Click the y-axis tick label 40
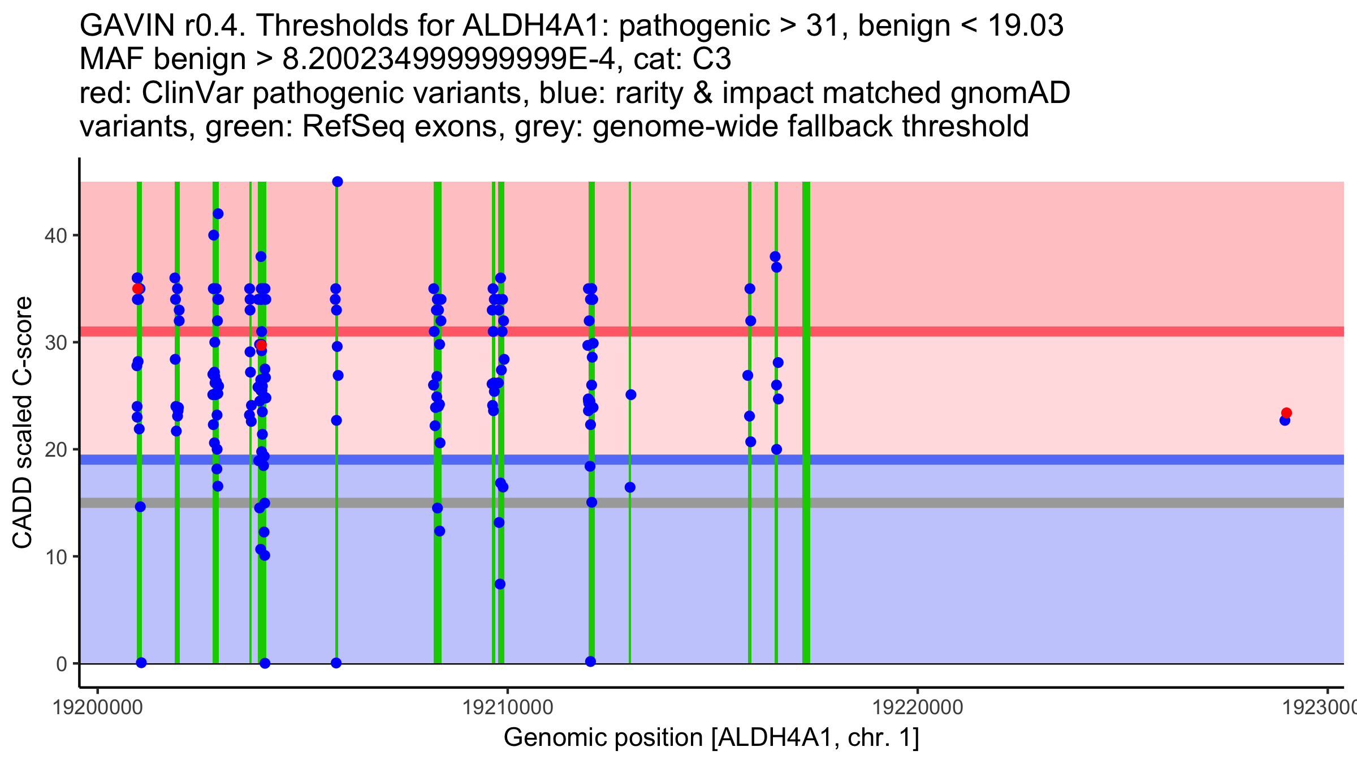pos(55,235)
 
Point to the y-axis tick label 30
pos(55,342)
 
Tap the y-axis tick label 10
pos(55,557)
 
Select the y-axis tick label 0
pos(61,664)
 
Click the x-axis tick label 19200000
pos(97,707)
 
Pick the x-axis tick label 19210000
pos(507,707)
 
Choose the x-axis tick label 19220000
pos(917,707)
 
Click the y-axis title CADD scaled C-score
pos(23,422)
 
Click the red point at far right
pos(1286,413)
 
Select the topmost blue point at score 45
pos(338,182)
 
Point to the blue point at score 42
pos(218,214)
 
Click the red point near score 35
pos(137,289)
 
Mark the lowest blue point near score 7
pos(500,584)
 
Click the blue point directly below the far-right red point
pos(1285,420)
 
